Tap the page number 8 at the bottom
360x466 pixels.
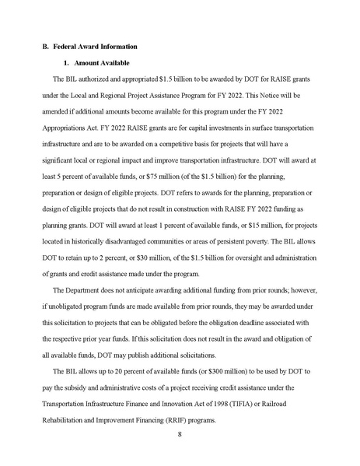coord(179,437)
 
